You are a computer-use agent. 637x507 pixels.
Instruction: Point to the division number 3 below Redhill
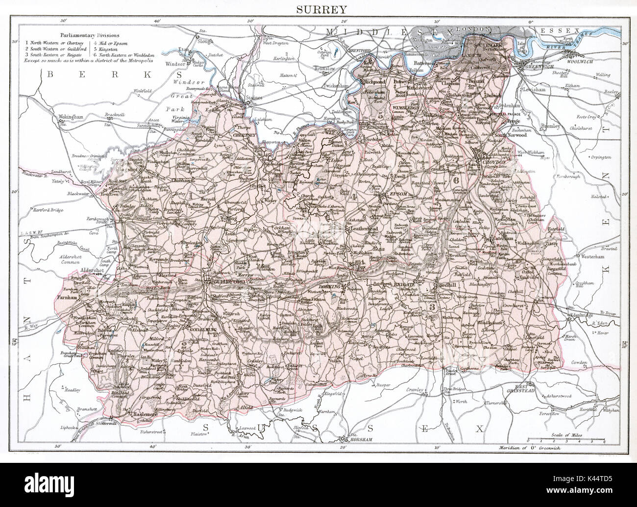pos(431,307)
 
